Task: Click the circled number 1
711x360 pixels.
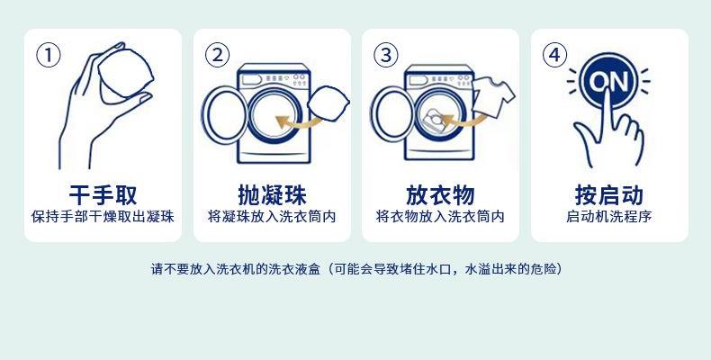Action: point(48,55)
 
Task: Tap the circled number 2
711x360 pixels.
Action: point(217,55)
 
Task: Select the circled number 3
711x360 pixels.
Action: point(386,55)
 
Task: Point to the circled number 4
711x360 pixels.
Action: point(554,55)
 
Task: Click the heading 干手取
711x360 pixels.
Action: point(103,195)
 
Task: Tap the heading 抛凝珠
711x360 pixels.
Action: point(272,195)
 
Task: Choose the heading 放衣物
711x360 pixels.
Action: point(440,195)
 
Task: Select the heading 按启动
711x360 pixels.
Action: point(609,195)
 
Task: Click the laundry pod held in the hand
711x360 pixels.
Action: point(126,76)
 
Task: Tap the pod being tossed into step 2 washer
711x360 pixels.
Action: point(328,103)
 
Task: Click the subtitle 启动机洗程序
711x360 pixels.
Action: point(609,217)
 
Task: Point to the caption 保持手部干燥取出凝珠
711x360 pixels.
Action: point(103,217)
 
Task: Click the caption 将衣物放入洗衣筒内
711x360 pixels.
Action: point(440,217)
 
